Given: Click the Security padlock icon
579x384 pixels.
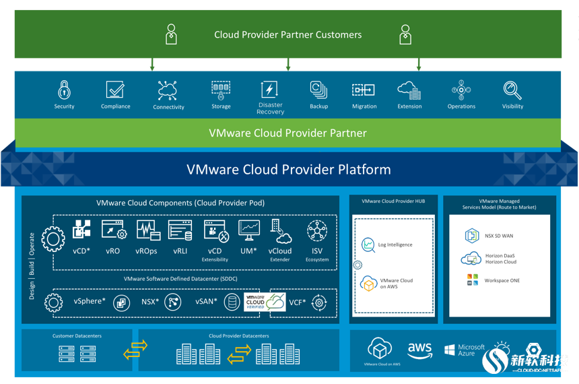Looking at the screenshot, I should (64, 89).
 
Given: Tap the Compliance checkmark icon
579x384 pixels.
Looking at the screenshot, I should (115, 90).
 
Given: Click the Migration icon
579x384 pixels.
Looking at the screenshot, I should (364, 90).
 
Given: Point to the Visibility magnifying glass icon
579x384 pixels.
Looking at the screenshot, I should (512, 90).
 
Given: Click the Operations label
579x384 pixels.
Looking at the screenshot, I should (461, 106).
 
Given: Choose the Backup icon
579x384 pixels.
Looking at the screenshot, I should (318, 90).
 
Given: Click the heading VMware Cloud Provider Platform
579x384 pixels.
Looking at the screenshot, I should (288, 169).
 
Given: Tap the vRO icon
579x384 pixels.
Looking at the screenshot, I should (113, 230).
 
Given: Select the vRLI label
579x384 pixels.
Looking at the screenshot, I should (180, 251).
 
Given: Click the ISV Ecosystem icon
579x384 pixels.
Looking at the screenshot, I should (316, 230).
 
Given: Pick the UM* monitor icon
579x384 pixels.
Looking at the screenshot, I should (248, 230).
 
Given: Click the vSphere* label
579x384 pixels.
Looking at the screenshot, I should (90, 302).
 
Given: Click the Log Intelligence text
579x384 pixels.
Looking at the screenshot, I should (395, 245).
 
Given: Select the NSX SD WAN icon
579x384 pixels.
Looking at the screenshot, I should (471, 236).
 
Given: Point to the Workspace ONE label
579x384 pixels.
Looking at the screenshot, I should (502, 280).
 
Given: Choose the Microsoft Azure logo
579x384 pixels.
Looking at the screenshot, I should (465, 350).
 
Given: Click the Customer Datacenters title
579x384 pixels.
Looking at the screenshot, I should (77, 335).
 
